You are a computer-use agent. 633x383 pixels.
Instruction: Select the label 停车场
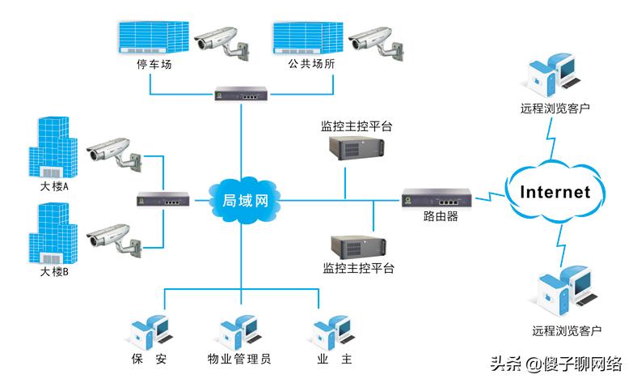[154, 65]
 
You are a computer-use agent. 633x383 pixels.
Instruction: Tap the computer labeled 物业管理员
[238, 331]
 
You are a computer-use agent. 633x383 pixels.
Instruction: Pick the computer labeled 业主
[331, 331]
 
